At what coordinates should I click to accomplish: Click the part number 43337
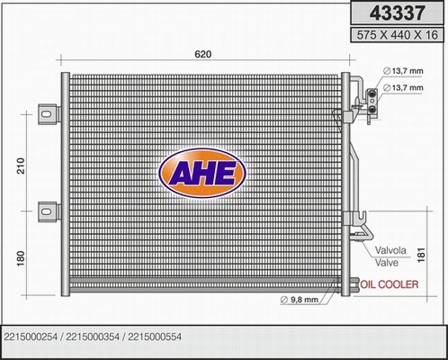pyautogui.click(x=397, y=14)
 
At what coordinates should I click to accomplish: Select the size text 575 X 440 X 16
pyautogui.click(x=397, y=36)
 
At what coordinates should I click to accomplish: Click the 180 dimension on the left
pyautogui.click(x=21, y=256)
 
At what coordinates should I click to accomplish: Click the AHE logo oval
pyautogui.click(x=200, y=171)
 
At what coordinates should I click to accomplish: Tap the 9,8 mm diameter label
pyautogui.click(x=300, y=300)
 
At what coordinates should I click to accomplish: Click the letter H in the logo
pyautogui.click(x=200, y=172)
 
